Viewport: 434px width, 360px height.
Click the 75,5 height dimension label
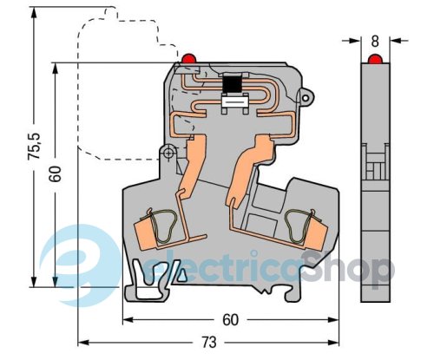[x=35, y=147]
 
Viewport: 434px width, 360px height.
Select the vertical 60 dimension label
[x=55, y=173]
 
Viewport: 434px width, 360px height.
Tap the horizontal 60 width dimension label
[x=231, y=320]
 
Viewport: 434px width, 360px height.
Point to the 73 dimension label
[x=209, y=343]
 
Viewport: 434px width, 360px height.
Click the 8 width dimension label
[x=375, y=42]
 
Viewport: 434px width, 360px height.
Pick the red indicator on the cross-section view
[x=189, y=58]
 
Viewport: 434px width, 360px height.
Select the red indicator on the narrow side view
[x=375, y=59]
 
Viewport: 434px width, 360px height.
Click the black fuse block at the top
[x=233, y=84]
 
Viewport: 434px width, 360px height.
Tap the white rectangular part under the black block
[x=234, y=102]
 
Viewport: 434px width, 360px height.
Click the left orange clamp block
[x=146, y=233]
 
